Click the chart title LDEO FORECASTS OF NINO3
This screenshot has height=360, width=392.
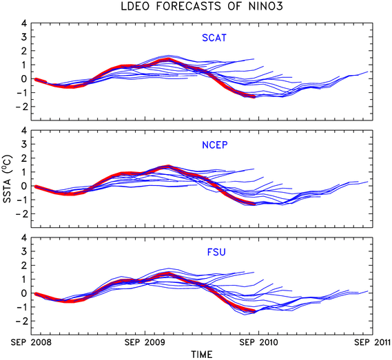tap(202, 6)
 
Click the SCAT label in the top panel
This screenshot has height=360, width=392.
tap(214, 38)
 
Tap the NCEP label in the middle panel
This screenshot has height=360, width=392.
tap(215, 145)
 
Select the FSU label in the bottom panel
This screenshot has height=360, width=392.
tap(216, 252)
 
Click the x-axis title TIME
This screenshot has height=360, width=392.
tap(202, 354)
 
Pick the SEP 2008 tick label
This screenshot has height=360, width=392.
tap(31, 342)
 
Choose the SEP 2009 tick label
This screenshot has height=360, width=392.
tap(145, 342)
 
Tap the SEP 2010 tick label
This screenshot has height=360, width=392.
tap(258, 342)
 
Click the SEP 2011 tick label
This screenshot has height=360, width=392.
tap(373, 342)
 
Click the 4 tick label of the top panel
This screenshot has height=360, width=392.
tap(23, 23)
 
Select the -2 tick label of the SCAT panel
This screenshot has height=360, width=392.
tap(21, 107)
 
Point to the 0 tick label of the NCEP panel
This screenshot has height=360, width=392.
tap(24, 186)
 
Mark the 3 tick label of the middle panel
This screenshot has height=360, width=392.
tap(24, 144)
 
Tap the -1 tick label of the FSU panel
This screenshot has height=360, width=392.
tap(21, 307)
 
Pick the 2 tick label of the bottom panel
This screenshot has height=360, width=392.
tap(24, 265)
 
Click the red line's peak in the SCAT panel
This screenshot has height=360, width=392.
tap(169, 59)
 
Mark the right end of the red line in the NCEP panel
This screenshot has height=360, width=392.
tap(255, 204)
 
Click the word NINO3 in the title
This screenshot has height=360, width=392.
tap(266, 6)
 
